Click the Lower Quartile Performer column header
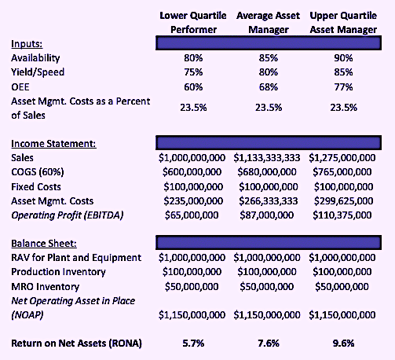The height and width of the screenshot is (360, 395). pos(193,23)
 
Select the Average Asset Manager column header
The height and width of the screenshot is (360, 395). pos(269,23)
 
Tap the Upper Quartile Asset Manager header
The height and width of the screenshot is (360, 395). pos(343,23)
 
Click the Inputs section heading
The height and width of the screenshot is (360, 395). pos(27,44)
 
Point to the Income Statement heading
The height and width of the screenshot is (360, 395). pos(53,144)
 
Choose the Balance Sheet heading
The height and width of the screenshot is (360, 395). pos(44,244)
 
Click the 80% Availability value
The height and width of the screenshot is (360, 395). pos(193,58)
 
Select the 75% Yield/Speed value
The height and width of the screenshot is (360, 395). pos(193,72)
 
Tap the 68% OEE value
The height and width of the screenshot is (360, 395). pos(269,86)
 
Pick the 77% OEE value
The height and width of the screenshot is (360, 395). pos(343,86)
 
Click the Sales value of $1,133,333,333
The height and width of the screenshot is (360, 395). pos(267,158)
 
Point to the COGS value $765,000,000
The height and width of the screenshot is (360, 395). pos(342,172)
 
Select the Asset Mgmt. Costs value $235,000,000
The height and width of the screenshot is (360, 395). pos(193,201)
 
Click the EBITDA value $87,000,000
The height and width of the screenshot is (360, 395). pos(267,215)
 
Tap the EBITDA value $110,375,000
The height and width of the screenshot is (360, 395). pos(342,215)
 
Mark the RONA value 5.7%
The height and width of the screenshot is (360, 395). pos(193,343)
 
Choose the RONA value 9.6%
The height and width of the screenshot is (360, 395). pos(343,343)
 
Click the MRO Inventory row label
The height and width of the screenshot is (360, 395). pos(45,287)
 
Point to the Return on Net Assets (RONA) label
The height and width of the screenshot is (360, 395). pos(76,343)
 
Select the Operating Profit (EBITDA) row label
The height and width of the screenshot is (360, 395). pos(68,215)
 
